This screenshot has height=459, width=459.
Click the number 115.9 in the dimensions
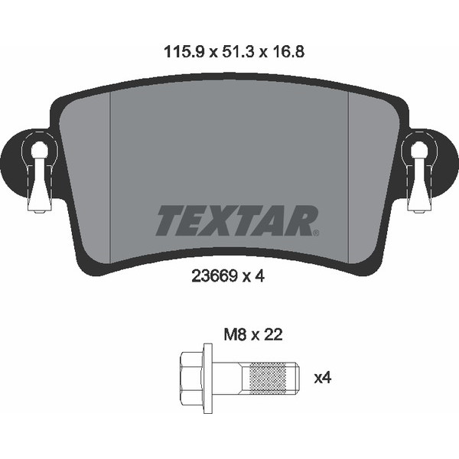184,52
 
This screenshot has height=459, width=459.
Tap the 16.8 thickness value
288,52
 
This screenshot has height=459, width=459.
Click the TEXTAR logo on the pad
237,220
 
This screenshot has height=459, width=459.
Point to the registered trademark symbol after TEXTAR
316,233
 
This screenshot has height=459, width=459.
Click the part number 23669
214,275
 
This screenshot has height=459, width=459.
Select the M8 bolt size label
235,334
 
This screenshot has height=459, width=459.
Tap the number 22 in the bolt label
273,334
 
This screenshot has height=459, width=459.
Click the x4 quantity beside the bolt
323,378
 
